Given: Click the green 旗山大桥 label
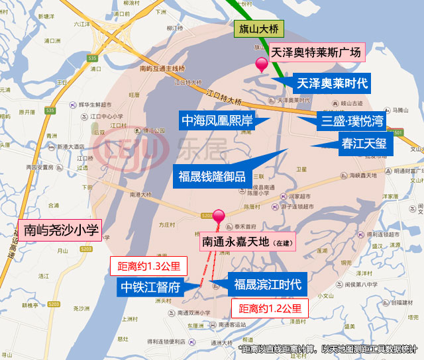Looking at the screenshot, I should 258,29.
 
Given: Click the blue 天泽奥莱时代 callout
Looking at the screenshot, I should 332,83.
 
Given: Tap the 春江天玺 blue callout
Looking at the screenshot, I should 365,143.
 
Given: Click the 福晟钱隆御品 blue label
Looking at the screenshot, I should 212,176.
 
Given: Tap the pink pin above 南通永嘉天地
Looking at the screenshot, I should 218,216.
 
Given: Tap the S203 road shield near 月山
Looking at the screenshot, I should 85,248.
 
